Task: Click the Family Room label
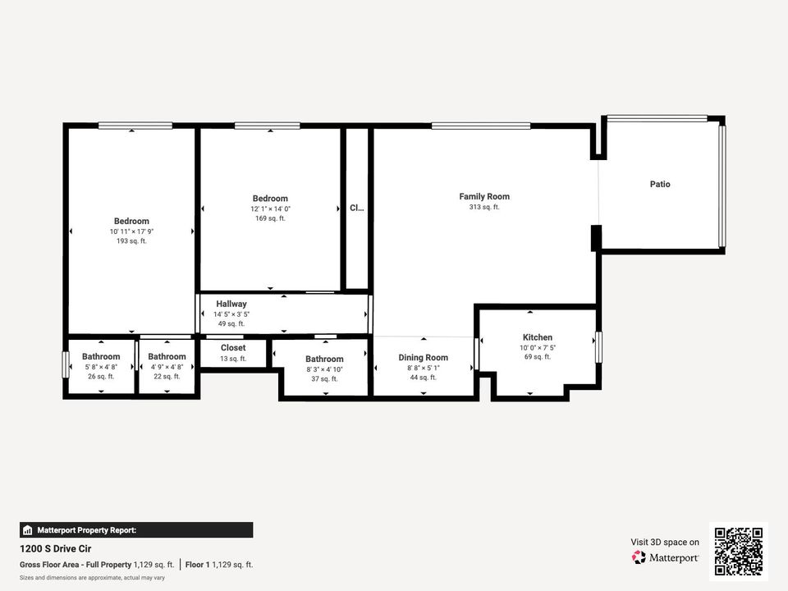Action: pyautogui.click(x=484, y=196)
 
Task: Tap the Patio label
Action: pyautogui.click(x=660, y=184)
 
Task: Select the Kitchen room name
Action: pyautogui.click(x=538, y=337)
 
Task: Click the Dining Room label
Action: pyautogui.click(x=424, y=358)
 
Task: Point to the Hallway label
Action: pyautogui.click(x=231, y=304)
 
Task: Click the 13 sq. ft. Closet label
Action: pyautogui.click(x=233, y=348)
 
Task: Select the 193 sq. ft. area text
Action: pyautogui.click(x=131, y=241)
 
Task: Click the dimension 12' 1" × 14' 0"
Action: pyautogui.click(x=270, y=209)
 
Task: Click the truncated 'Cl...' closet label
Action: pyautogui.click(x=356, y=208)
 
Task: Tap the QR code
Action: pyautogui.click(x=739, y=552)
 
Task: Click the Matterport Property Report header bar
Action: pyautogui.click(x=136, y=530)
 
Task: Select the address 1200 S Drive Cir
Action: pyautogui.click(x=55, y=547)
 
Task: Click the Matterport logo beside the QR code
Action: pyautogui.click(x=666, y=557)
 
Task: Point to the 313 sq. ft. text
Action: pyautogui.click(x=484, y=208)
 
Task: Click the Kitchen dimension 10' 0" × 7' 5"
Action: pyautogui.click(x=538, y=348)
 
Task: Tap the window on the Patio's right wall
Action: pyautogui.click(x=722, y=186)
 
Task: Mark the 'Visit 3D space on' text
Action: pyautogui.click(x=665, y=542)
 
